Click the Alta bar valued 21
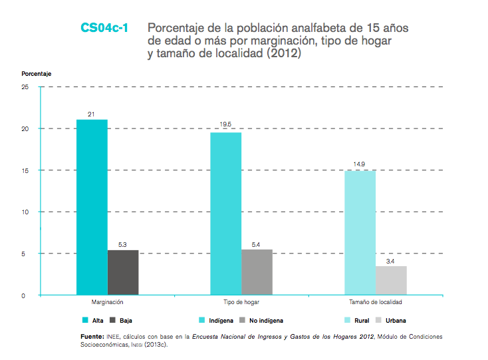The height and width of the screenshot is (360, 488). coord(92,207)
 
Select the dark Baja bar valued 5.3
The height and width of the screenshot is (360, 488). coord(123,272)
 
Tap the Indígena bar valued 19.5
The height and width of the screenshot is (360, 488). coord(226,214)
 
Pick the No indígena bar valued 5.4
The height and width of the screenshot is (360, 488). coord(257,272)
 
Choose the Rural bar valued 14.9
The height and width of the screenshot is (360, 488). coord(360,232)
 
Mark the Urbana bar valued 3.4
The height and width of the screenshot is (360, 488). coord(391,280)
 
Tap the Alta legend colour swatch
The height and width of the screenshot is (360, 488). coord(85,321)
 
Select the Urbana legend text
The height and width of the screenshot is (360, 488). coord(396,321)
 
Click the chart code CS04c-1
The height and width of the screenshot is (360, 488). coord(105,28)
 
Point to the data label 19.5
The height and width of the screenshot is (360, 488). coord(226,124)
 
